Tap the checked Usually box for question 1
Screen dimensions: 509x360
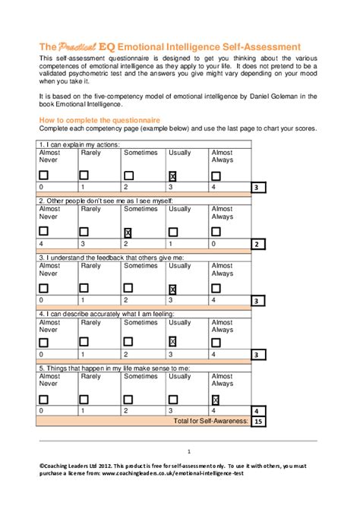tap(173, 176)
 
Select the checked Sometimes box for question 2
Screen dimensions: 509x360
tap(128, 232)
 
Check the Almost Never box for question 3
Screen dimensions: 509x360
tap(44, 288)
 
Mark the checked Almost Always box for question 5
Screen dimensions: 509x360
tap(216, 400)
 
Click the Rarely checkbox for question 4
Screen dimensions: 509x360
tap(86, 343)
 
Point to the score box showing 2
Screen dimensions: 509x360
tap(258, 244)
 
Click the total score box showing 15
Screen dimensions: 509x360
tap(258, 421)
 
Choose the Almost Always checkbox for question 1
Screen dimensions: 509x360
tap(216, 176)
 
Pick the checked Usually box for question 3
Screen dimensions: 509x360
tap(173, 288)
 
